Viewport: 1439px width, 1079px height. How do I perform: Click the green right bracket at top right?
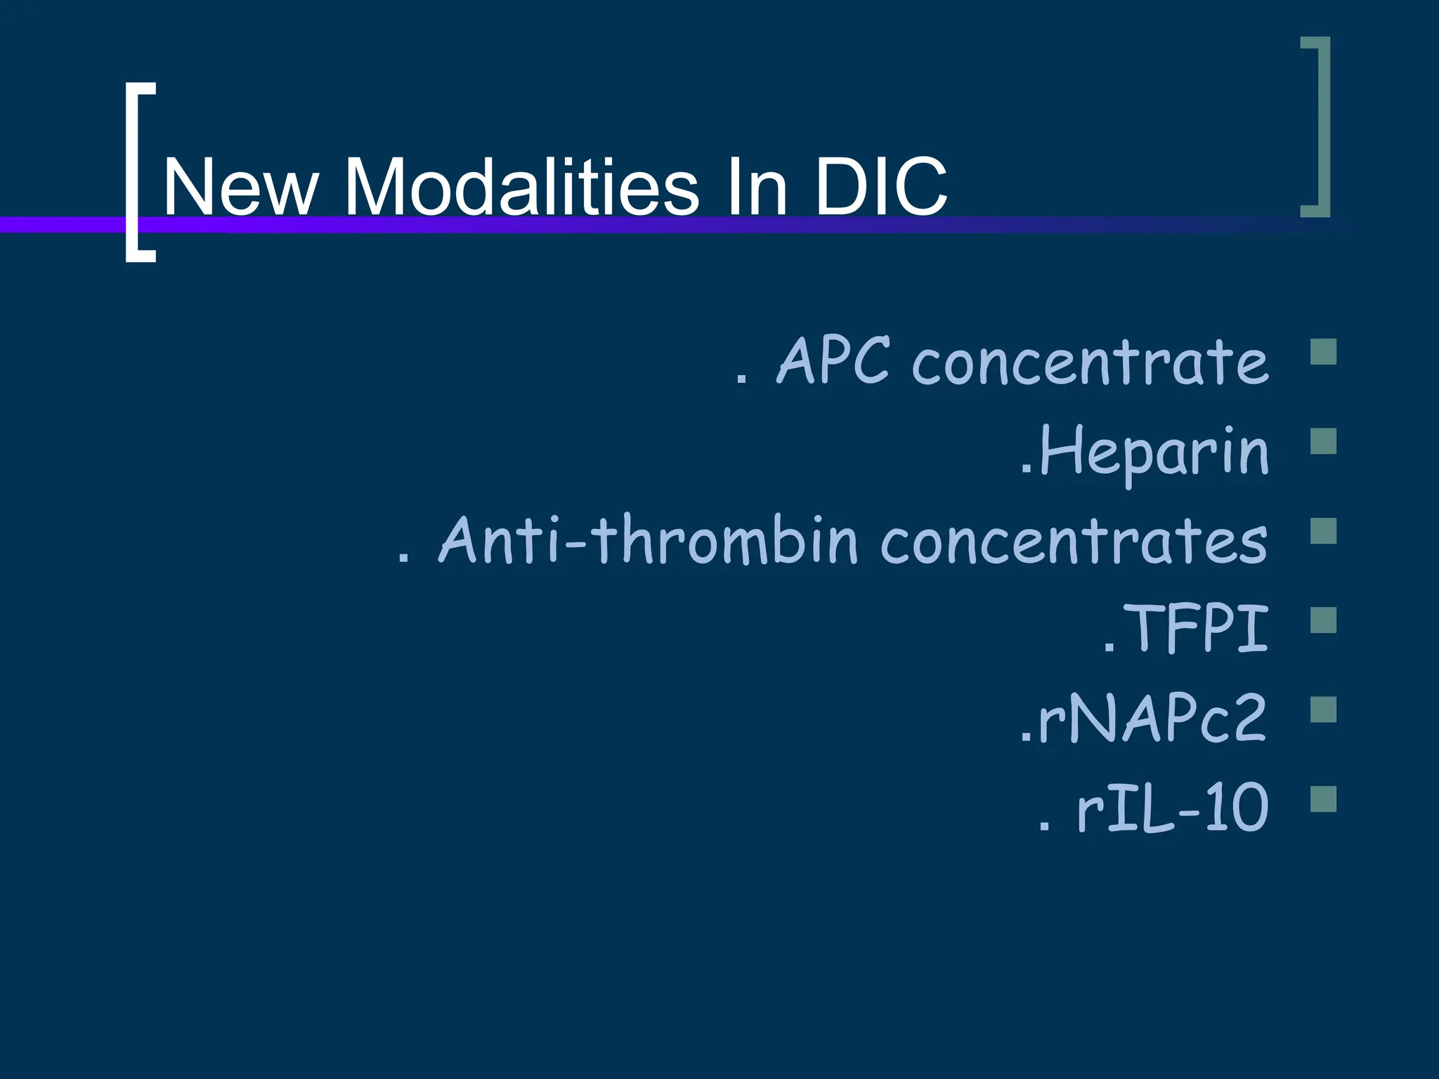tap(1320, 126)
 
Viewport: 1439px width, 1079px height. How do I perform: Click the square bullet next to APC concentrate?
tap(1324, 352)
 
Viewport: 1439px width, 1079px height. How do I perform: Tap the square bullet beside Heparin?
tap(1324, 442)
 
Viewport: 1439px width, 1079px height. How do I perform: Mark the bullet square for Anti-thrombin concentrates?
tap(1324, 531)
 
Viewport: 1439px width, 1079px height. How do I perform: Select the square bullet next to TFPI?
tap(1324, 620)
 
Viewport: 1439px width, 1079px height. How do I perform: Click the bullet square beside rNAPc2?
tap(1324, 710)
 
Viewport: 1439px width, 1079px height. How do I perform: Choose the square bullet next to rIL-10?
tap(1324, 799)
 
